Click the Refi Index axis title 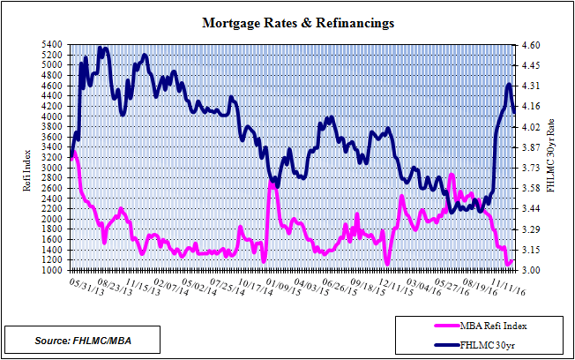click(x=26, y=158)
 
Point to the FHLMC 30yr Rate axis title click(x=552, y=157)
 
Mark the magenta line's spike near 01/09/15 click(x=271, y=184)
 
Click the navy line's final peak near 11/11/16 click(x=509, y=85)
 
